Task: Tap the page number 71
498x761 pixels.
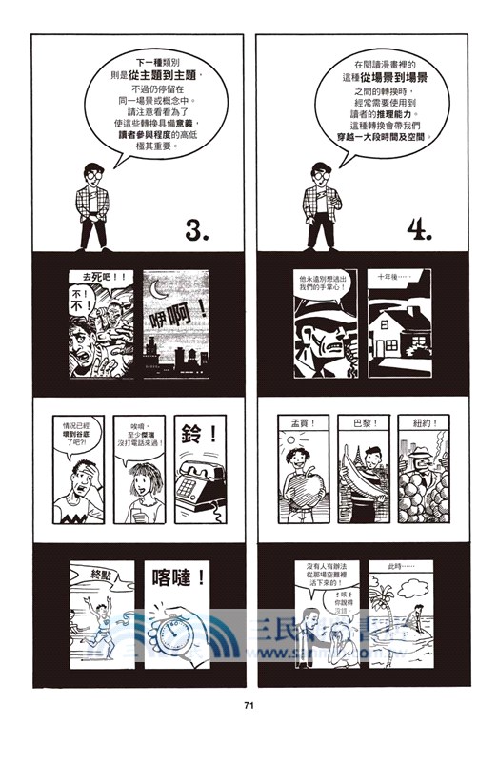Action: point(249,705)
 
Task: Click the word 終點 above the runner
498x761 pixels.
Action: point(95,575)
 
